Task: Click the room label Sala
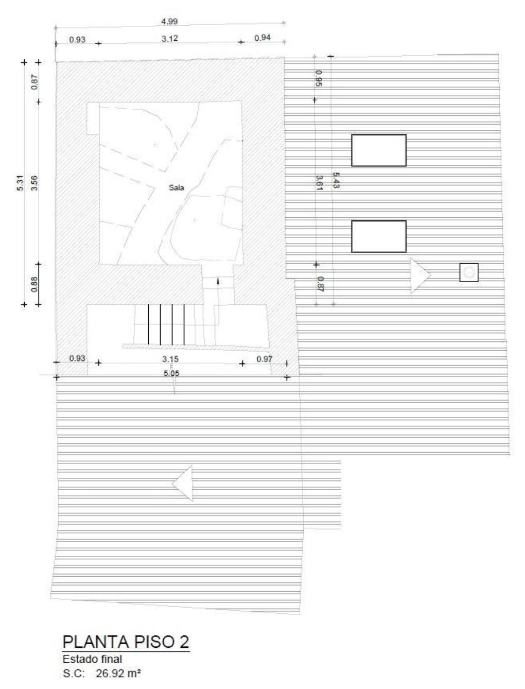(176, 188)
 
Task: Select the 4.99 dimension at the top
(169, 22)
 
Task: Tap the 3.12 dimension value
(170, 39)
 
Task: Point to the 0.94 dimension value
(262, 38)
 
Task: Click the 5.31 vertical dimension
(21, 183)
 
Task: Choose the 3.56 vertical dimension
(34, 183)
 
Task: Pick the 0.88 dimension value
(34, 284)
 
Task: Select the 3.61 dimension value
(319, 183)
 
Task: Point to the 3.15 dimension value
(170, 359)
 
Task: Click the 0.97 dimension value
(265, 359)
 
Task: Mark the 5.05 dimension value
(171, 373)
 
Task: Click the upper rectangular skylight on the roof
(378, 150)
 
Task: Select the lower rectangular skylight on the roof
(378, 236)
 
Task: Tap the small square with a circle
(469, 272)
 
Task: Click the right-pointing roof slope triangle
(420, 275)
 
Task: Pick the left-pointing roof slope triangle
(183, 483)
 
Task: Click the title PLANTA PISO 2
(126, 642)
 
